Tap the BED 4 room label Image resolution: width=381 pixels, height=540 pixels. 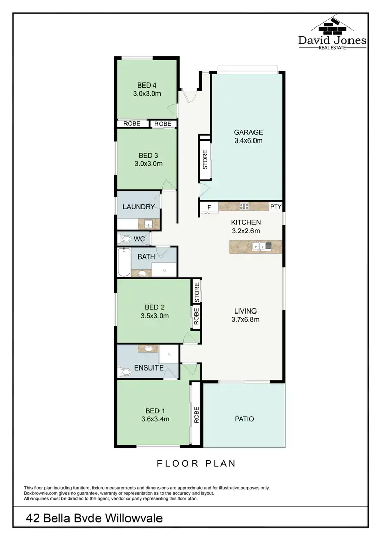(x=147, y=85)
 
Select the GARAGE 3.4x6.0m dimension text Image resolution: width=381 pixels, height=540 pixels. (x=248, y=141)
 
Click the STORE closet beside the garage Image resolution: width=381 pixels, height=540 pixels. (x=205, y=159)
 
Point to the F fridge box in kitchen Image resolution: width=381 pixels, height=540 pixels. (x=209, y=207)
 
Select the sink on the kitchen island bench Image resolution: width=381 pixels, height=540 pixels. (x=264, y=247)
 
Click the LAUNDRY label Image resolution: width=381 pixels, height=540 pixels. (x=138, y=207)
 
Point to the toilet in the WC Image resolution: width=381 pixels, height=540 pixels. (x=124, y=238)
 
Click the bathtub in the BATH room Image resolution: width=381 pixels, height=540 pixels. (x=123, y=262)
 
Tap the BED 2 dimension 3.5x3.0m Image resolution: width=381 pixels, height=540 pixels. (x=154, y=316)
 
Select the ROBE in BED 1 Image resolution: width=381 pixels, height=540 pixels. (x=196, y=414)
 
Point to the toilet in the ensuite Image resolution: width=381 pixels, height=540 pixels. (x=124, y=373)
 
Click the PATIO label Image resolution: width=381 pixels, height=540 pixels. (x=244, y=419)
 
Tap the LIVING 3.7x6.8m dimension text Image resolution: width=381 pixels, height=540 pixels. (x=245, y=320)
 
